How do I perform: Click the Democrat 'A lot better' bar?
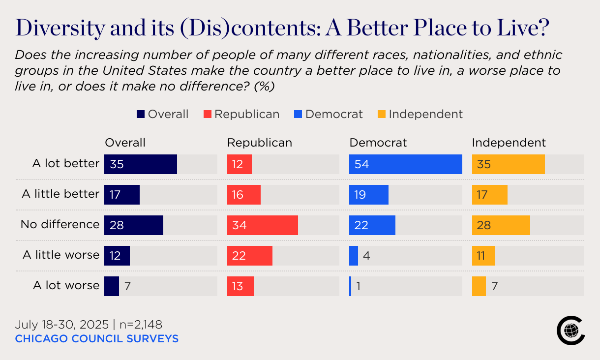[x=405, y=164]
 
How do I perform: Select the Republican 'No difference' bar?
[x=262, y=225]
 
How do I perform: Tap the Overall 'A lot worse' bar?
[x=112, y=286]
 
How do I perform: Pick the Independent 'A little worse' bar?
[x=483, y=256]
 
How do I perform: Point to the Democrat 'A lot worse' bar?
[x=350, y=286]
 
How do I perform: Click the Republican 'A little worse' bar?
[x=249, y=256]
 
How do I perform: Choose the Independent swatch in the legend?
[x=381, y=115]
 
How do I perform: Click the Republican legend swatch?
[x=207, y=115]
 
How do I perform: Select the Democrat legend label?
[x=334, y=114]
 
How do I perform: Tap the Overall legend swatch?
[x=141, y=115]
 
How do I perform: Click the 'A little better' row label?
[x=60, y=194]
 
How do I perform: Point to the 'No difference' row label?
[x=60, y=224]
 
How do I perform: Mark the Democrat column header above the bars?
[x=378, y=143]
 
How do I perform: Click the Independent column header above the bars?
[x=509, y=143]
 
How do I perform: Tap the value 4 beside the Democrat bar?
[x=366, y=256]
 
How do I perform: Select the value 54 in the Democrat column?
[x=361, y=164]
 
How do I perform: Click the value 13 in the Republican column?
[x=238, y=286]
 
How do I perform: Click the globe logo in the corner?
[x=570, y=330]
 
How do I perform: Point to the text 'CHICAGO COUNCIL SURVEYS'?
[x=97, y=338]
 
